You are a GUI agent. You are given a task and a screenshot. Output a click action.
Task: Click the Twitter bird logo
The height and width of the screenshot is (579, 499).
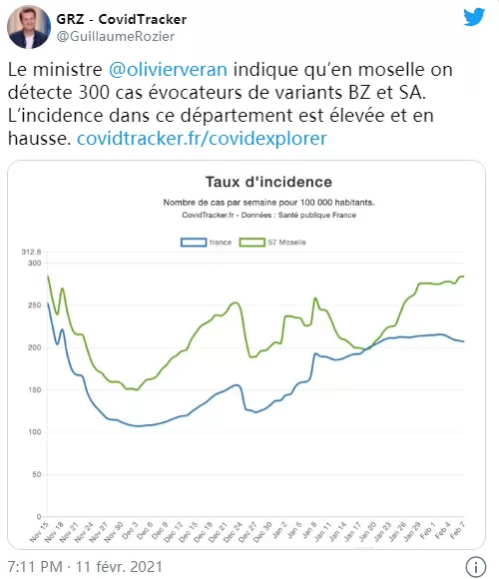474,17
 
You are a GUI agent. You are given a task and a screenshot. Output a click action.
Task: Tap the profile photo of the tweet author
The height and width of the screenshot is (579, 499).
28,27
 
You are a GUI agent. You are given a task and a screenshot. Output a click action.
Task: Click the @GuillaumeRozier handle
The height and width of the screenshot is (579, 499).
116,36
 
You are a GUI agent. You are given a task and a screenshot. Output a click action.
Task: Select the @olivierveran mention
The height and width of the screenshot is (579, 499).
168,70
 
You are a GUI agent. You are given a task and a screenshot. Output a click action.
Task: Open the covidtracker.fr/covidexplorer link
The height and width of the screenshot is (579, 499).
202,139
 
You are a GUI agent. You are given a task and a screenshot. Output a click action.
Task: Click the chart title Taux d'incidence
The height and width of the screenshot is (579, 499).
268,182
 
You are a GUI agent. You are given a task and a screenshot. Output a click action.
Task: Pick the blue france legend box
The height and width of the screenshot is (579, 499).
194,243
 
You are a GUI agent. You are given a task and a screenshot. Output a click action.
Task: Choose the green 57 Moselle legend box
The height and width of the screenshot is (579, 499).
252,243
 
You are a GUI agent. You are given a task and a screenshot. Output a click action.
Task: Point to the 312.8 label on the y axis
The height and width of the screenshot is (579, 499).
31,252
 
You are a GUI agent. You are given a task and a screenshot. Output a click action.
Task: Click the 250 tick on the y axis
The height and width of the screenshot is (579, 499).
34,305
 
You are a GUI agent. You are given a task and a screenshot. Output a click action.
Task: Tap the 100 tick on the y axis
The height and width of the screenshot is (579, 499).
34,432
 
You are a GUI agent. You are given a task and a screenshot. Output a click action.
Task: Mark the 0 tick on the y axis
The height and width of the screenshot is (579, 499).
39,516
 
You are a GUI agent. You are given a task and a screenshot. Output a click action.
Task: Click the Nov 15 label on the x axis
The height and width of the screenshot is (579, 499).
39,532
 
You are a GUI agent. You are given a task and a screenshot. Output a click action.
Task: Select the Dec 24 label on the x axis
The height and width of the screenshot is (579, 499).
233,532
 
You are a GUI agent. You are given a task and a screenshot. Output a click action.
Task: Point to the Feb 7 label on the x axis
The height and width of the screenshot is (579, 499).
457,530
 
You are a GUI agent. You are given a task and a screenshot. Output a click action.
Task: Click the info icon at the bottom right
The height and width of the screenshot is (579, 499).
476,566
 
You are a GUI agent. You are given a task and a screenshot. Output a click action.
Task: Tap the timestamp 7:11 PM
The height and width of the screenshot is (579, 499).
35,566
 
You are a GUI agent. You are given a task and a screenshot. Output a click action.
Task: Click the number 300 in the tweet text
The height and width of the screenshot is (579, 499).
94,92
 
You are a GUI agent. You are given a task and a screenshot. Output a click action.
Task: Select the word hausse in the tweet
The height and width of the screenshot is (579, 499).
39,139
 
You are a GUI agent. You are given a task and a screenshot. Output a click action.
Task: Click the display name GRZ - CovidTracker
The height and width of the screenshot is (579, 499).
122,19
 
